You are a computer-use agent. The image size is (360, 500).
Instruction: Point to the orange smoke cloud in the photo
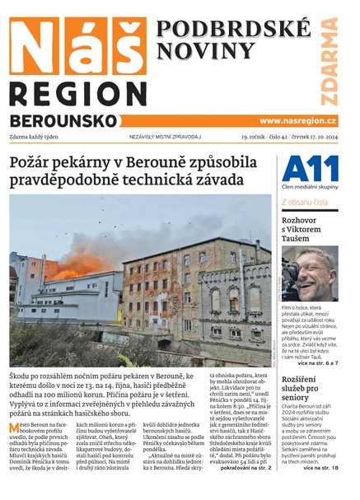[x=81, y=264]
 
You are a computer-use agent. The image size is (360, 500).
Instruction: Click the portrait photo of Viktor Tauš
[x=310, y=273]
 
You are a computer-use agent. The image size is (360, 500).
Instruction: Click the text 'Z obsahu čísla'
[x=305, y=201]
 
